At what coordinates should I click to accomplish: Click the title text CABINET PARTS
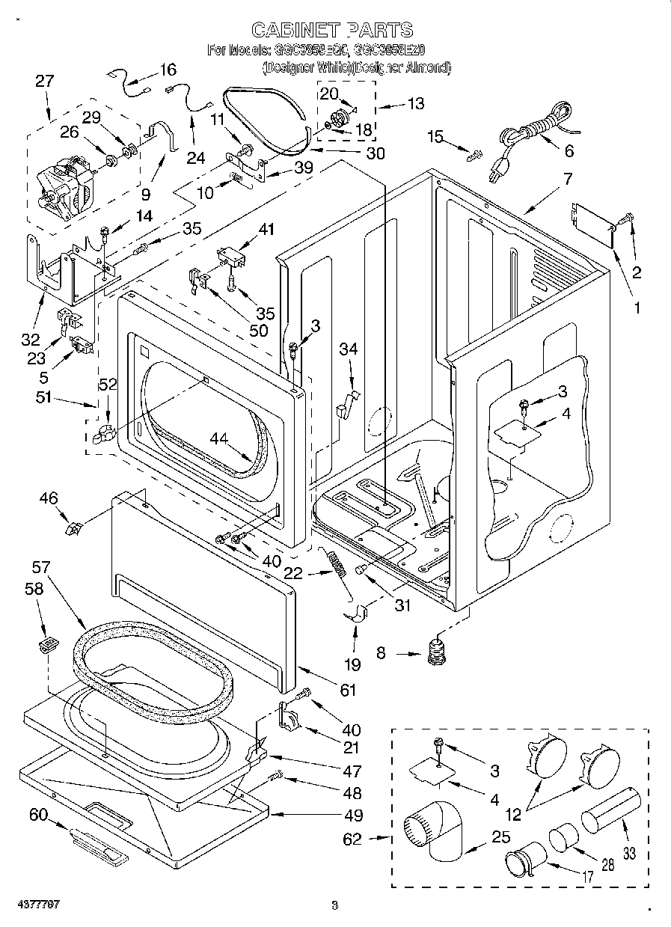331,30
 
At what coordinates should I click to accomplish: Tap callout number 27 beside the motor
45,82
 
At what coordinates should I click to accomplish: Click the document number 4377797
31,905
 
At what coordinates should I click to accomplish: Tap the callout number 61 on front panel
348,690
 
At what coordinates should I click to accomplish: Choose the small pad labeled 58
49,643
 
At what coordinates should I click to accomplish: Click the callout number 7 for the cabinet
569,179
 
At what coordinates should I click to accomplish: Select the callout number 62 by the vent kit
352,839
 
